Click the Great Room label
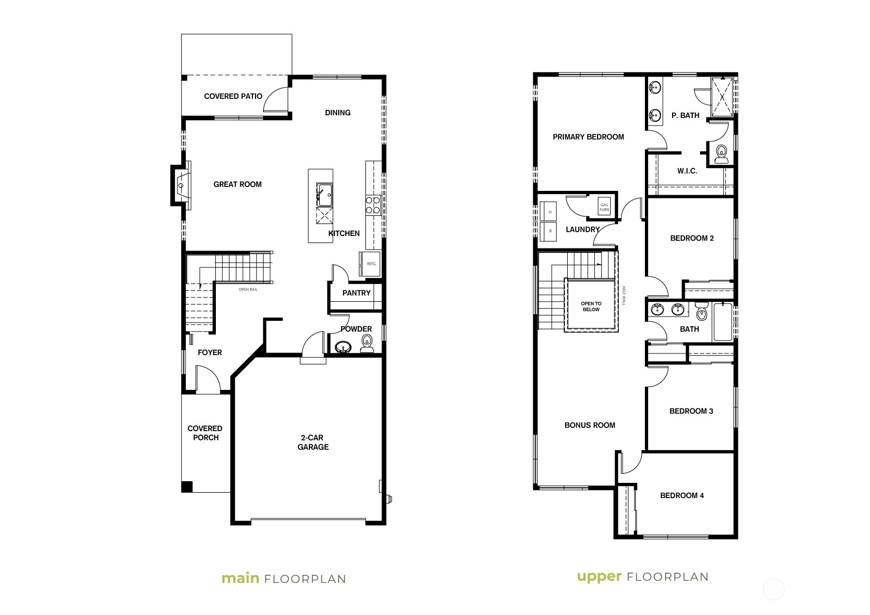[237, 184]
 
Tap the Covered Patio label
[233, 96]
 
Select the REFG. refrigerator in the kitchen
[370, 264]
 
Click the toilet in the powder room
[366, 344]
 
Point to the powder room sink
[343, 346]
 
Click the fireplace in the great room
[182, 185]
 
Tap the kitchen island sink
[324, 195]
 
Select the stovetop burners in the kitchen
[373, 205]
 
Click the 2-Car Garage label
[313, 442]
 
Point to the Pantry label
[356, 293]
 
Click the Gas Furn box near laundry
[604, 207]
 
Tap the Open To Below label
[591, 307]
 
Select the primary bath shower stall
[722, 96]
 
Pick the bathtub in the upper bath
[723, 322]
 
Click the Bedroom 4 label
[682, 495]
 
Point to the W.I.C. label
[687, 171]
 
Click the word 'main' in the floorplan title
[240, 579]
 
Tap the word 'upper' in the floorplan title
[599, 577]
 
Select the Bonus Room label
[589, 425]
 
